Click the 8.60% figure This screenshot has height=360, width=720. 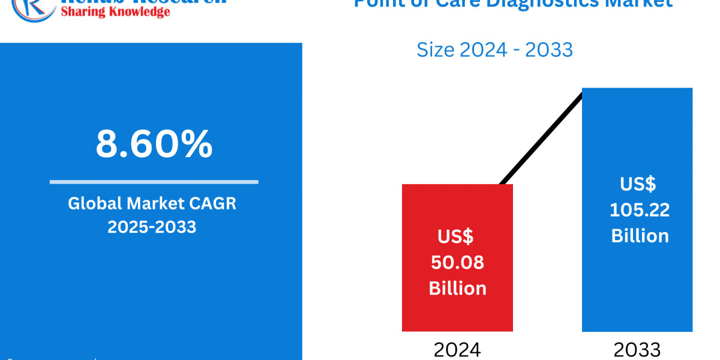(154, 144)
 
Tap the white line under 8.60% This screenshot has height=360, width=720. (154, 182)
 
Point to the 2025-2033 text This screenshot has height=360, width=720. (152, 227)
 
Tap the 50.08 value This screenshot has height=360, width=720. (457, 262)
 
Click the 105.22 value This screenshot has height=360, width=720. (640, 209)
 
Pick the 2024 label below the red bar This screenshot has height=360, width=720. (457, 349)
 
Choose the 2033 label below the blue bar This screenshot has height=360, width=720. (637, 349)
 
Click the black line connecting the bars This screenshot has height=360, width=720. (540, 138)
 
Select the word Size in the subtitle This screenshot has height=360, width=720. (436, 50)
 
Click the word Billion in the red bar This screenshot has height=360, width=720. (457, 288)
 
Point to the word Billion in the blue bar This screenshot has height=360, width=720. (640, 235)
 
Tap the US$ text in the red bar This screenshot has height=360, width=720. (455, 236)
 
